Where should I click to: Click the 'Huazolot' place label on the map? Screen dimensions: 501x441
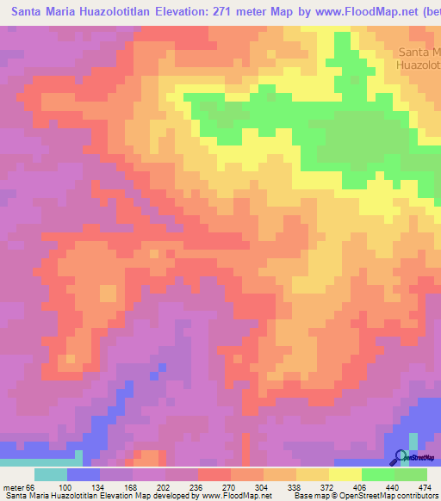[418, 64]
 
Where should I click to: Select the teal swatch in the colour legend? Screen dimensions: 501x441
[50, 474]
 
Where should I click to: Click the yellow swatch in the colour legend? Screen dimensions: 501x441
[345, 474]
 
